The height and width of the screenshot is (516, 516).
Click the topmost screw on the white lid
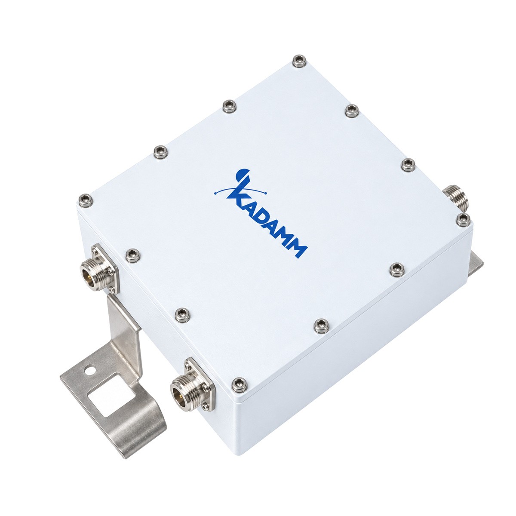click(299, 61)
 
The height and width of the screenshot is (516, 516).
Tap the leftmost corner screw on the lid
click(86, 200)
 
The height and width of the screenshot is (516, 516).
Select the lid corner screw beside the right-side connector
click(463, 220)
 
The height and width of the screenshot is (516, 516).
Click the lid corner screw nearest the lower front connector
click(239, 385)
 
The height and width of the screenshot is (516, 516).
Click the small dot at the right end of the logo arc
click(265, 193)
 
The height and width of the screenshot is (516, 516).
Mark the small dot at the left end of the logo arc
click(215, 193)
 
